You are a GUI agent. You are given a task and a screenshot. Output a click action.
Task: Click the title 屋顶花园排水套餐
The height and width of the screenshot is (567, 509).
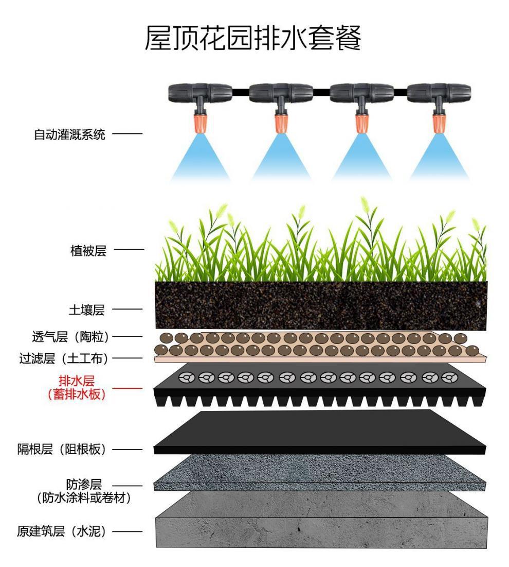[x=253, y=38]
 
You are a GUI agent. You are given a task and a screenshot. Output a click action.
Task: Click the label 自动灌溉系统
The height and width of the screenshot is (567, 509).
[x=69, y=135]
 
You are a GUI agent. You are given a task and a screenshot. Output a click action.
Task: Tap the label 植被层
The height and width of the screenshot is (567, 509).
[x=88, y=251]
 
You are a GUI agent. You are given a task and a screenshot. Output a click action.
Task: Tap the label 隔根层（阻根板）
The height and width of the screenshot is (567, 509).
[x=62, y=449]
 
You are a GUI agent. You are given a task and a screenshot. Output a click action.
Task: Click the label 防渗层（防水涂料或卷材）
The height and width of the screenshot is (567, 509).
[x=82, y=491]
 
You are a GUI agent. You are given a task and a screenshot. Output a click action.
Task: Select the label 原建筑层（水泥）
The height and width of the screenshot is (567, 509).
[x=62, y=531]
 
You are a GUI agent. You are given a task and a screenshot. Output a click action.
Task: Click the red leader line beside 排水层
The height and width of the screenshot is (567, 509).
[x=130, y=388]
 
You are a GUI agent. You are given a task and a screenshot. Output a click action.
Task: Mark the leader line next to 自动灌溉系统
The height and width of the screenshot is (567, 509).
[x=126, y=135]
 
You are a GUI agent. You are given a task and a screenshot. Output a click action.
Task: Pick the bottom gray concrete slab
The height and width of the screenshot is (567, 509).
[x=321, y=520]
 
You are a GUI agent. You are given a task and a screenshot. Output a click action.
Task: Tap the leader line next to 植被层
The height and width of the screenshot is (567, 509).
[x=129, y=251]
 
